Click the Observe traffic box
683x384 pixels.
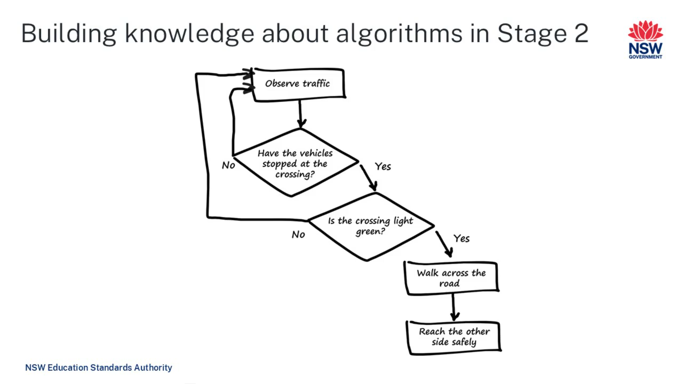coord(298,84)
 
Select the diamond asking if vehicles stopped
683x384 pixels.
coord(295,163)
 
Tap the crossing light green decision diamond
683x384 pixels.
coord(370,226)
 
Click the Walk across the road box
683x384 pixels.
coord(451,278)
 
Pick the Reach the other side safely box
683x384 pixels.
coord(454,337)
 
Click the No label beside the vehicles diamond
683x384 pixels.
coord(228,165)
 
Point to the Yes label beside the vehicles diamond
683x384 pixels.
coord(383,166)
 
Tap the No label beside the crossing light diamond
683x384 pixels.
coord(298,235)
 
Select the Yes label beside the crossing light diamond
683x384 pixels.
coord(461,239)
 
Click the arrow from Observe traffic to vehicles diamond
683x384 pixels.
coord(301,114)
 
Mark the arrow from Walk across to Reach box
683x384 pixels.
coord(454,307)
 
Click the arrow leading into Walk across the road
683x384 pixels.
coord(444,244)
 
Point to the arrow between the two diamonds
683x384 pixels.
coord(368,177)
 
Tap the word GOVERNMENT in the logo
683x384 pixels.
coord(645,57)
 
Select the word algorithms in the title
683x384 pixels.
coord(399,34)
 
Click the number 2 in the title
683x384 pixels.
coord(581,33)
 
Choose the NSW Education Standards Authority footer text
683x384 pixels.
coord(99,367)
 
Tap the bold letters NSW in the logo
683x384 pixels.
coord(645,48)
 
